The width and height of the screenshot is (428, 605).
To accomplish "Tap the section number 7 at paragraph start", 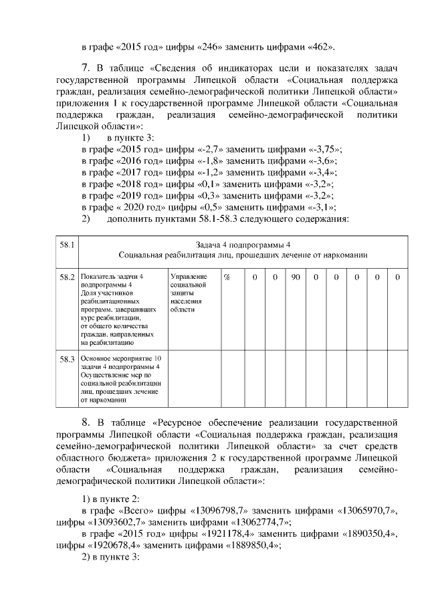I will pos(85,68).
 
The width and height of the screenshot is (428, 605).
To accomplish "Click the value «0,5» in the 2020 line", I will pos(209,207).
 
